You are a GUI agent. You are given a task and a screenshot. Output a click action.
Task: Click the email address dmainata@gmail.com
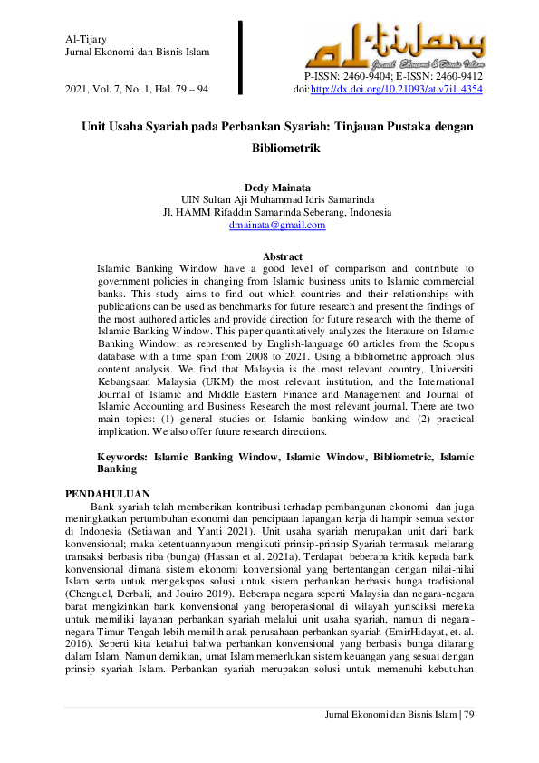click(x=276, y=226)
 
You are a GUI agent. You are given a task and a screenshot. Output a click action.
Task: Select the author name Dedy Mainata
click(x=276, y=187)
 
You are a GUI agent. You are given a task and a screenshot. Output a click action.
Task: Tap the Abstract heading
click(x=282, y=257)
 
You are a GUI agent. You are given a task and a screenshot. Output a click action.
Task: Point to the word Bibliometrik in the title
click(x=276, y=146)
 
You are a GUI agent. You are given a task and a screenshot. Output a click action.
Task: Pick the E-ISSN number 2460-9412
click(x=458, y=78)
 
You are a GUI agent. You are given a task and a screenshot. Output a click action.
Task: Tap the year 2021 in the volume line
click(x=78, y=91)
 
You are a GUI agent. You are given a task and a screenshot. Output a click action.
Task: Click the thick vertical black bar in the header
click(x=241, y=55)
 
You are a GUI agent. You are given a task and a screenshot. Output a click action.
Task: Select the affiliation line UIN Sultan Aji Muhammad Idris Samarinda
click(x=276, y=199)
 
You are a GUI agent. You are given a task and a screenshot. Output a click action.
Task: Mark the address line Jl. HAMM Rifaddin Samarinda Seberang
click(x=276, y=212)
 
